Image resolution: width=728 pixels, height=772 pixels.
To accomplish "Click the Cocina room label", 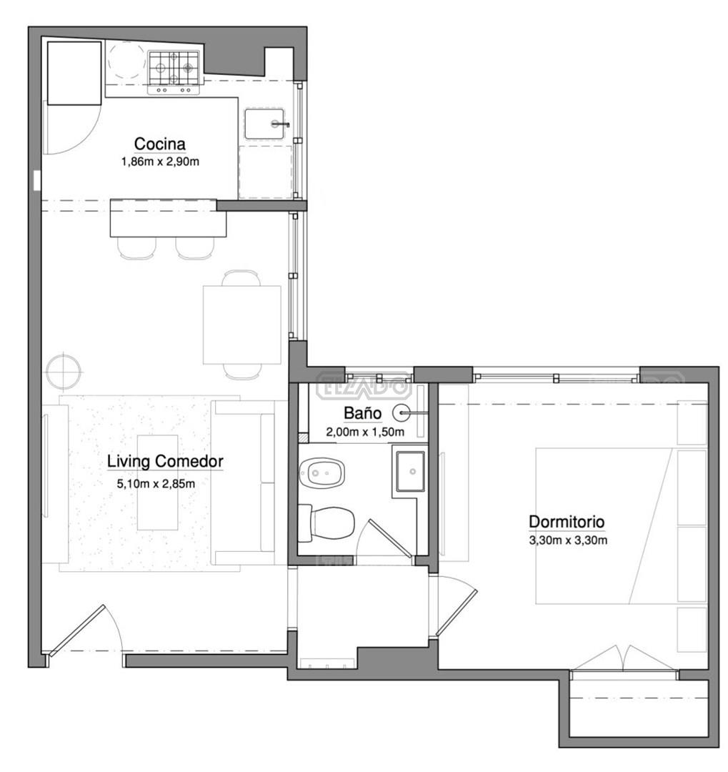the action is (x=160, y=144).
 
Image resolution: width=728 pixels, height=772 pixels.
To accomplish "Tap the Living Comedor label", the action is (x=165, y=462).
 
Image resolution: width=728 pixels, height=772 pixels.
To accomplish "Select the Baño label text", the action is (x=363, y=413).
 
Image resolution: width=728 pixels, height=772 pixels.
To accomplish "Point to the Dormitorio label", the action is (x=567, y=521).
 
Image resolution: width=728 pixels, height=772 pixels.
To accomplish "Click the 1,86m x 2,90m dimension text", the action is (x=161, y=162).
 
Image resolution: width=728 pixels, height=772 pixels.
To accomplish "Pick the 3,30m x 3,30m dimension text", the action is (x=568, y=540).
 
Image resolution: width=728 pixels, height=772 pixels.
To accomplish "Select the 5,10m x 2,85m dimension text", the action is (x=156, y=484).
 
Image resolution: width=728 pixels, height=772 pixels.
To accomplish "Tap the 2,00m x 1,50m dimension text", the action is (x=365, y=432).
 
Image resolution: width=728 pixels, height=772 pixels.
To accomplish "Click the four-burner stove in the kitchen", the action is (x=174, y=72).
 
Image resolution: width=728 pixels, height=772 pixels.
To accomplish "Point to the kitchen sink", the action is (x=266, y=124).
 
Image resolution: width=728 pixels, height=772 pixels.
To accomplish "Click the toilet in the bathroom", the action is (x=326, y=522).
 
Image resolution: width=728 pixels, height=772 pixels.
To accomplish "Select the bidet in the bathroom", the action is (x=322, y=473).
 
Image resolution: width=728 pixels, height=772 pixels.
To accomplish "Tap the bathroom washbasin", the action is (x=411, y=471).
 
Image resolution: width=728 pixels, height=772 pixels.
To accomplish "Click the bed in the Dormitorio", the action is (x=621, y=526).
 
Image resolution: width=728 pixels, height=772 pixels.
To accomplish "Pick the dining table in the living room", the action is (x=242, y=325).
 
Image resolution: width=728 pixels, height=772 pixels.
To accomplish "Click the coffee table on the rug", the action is (x=157, y=482).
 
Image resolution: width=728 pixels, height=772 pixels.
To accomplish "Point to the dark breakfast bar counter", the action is (x=169, y=217).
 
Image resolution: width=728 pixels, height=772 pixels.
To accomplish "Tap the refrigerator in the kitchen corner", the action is (x=74, y=74).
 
